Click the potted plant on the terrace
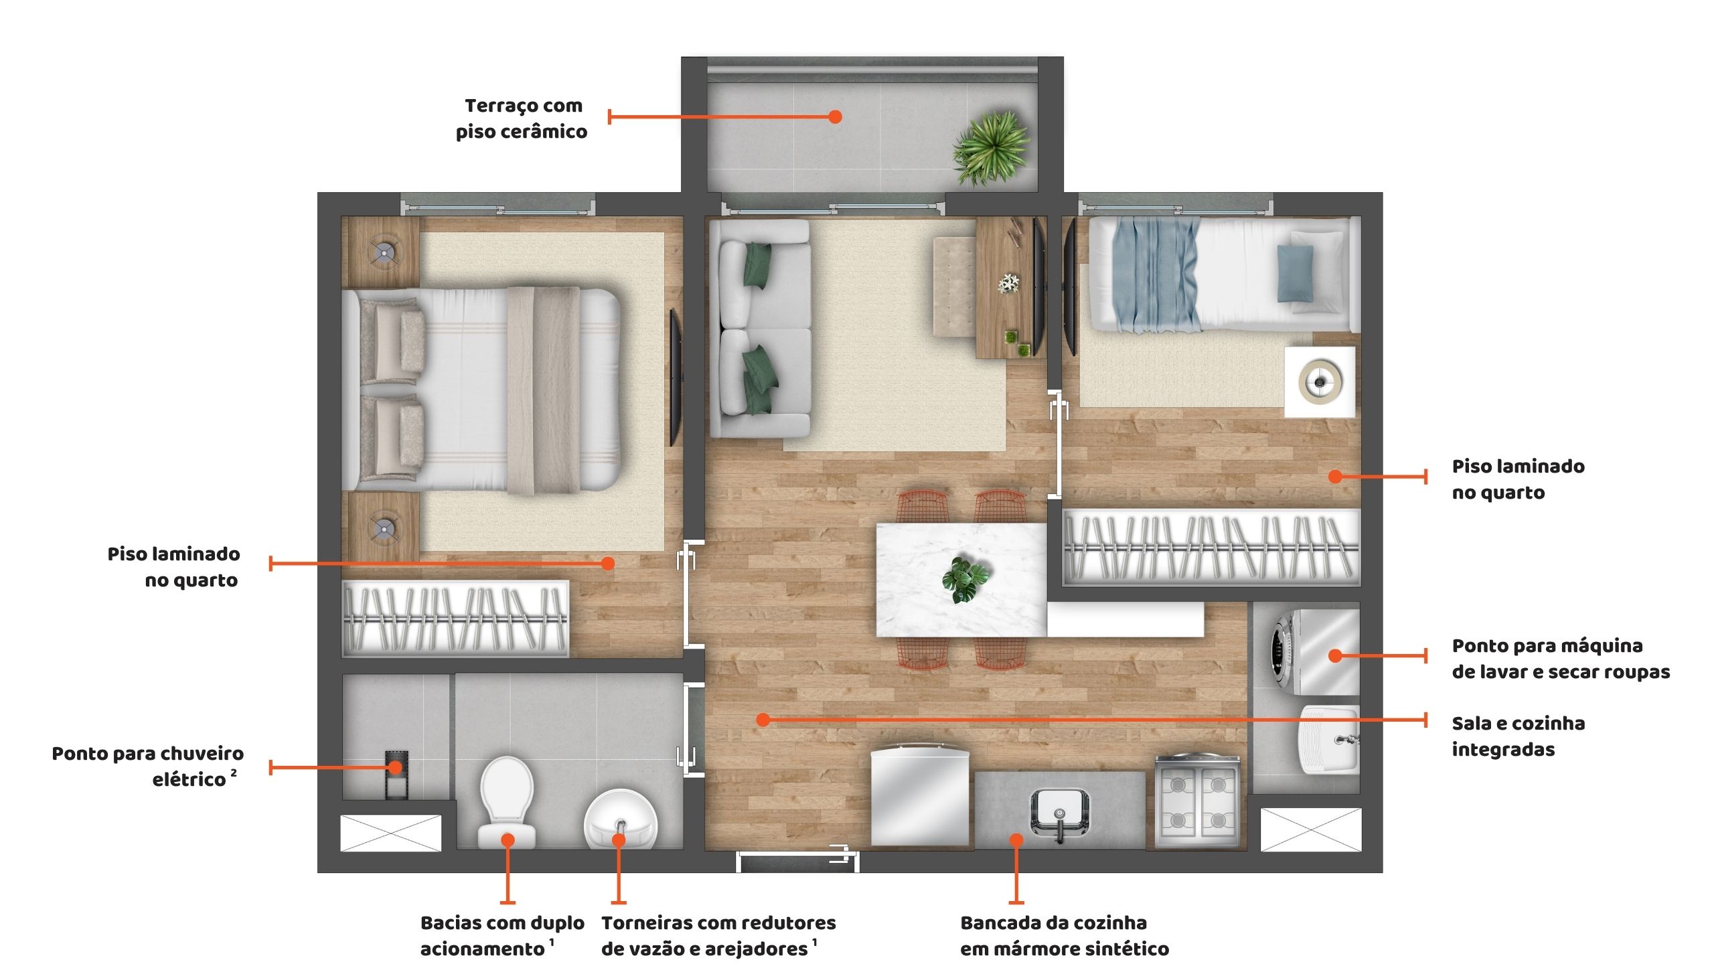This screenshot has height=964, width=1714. [992, 147]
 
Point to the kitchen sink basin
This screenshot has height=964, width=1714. [1059, 812]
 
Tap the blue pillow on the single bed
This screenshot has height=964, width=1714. [1295, 273]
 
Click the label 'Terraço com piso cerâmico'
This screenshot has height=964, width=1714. [522, 118]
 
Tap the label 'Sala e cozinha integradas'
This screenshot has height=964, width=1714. [1518, 736]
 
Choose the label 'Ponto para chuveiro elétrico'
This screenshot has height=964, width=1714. [148, 766]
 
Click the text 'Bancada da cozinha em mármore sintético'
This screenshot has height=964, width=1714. [1065, 935]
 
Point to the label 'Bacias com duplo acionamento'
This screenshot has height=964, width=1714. [502, 935]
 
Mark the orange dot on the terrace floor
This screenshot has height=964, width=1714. [835, 116]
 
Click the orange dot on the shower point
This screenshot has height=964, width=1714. [396, 767]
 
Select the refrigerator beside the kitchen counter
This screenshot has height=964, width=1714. [921, 799]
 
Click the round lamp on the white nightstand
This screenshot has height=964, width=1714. [1320, 382]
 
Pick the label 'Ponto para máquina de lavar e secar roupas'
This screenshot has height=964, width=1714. [1561, 658]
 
